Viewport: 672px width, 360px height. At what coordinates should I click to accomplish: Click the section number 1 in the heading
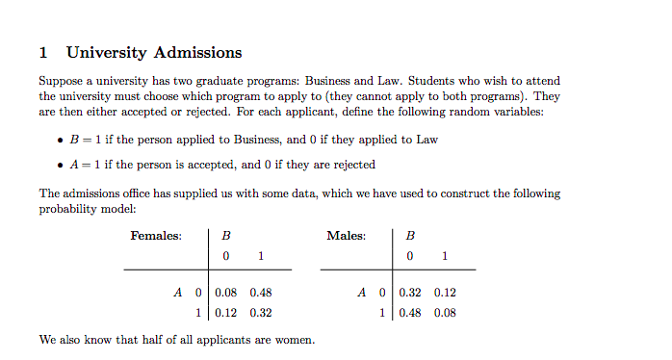(43, 53)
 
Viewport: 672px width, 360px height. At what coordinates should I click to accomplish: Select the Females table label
(156, 236)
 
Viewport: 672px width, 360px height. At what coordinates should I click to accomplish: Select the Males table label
(346, 236)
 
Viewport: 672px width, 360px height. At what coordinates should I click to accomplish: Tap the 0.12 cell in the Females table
(225, 312)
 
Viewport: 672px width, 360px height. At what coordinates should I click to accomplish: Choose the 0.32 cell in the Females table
(260, 312)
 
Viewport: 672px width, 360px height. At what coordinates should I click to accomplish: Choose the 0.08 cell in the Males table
(445, 312)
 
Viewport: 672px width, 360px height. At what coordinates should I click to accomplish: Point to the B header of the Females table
(225, 236)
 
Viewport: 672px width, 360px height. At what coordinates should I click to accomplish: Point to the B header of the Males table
(411, 236)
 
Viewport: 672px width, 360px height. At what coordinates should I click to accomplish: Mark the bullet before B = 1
(63, 141)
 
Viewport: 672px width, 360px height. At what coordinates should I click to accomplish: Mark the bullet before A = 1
(63, 165)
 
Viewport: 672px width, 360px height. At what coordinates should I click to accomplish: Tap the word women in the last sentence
(294, 340)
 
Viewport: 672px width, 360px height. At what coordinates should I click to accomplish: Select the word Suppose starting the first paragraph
(60, 82)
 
